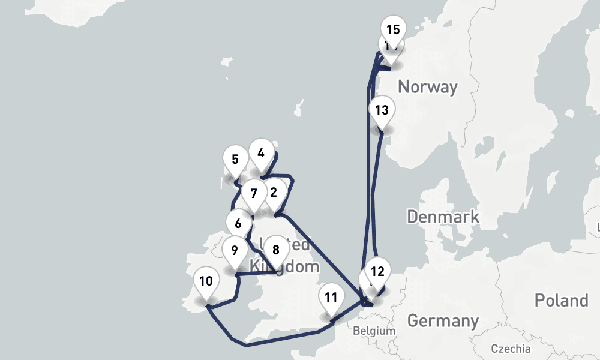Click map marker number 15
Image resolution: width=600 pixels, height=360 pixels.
[393, 29]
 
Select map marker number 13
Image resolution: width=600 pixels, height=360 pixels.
[382, 110]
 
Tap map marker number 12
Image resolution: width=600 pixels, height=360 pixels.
[377, 271]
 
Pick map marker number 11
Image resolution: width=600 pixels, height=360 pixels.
[331, 297]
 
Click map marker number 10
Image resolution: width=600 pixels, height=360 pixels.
[206, 281]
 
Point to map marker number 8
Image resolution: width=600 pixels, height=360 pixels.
[276, 250]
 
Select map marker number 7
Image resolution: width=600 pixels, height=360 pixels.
[254, 194]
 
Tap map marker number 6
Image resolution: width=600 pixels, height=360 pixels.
[238, 224]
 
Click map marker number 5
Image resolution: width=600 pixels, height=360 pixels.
[235, 160]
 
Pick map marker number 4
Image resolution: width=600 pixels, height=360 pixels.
[260, 153]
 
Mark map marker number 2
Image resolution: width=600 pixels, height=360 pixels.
[274, 193]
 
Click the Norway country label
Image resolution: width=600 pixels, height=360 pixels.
[427, 87]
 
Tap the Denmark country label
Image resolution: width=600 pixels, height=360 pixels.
[443, 216]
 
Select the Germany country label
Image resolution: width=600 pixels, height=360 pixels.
[443, 321]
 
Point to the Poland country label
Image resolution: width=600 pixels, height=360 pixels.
[562, 300]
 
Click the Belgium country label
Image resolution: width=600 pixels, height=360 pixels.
[374, 331]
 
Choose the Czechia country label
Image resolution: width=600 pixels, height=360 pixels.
[511, 349]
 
